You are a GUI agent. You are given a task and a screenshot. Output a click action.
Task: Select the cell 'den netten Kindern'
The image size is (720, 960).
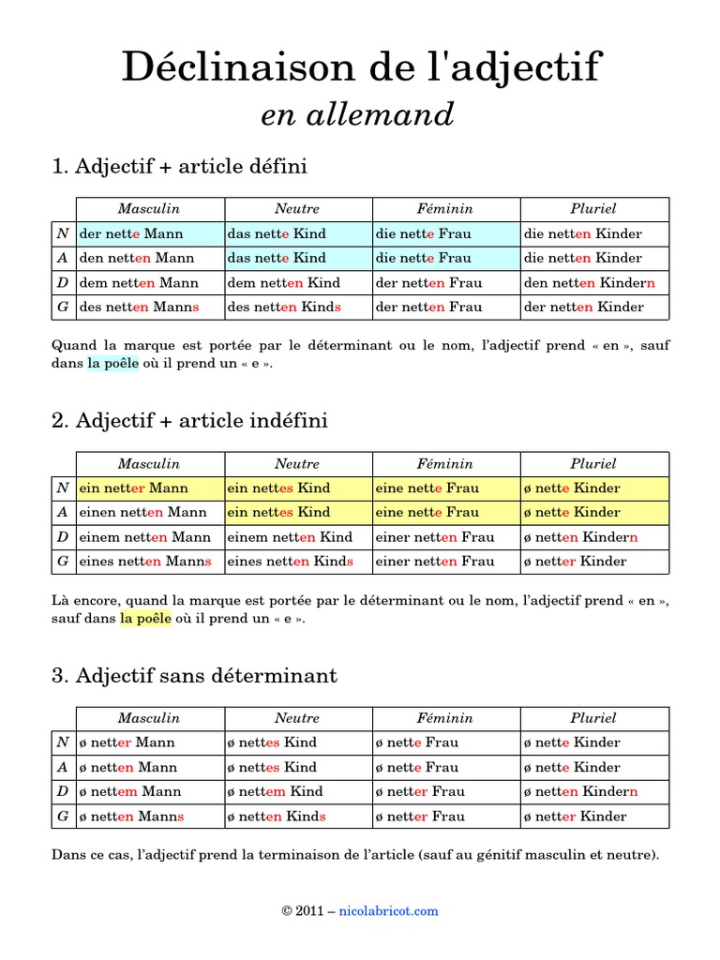(x=594, y=282)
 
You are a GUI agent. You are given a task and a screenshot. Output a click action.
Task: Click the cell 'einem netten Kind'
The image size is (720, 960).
(x=297, y=536)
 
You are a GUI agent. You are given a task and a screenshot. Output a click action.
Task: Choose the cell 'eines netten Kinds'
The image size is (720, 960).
(x=297, y=561)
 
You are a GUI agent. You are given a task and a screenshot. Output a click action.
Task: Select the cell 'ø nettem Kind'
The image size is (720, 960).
(x=297, y=791)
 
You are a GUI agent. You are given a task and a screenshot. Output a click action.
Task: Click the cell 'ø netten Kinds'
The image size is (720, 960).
(x=297, y=816)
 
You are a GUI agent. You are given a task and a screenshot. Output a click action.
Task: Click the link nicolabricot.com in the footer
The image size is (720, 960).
(x=388, y=910)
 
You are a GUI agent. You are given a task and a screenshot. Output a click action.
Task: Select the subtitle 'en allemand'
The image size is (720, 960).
(x=356, y=115)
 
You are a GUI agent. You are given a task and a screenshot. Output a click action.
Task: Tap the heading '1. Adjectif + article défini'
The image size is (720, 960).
(x=179, y=167)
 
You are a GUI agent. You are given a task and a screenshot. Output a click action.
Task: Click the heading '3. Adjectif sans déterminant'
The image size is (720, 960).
(x=194, y=675)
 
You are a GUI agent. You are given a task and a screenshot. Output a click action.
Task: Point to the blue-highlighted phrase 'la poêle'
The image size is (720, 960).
(x=113, y=364)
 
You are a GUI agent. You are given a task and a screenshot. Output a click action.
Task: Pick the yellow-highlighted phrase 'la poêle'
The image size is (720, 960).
(x=145, y=619)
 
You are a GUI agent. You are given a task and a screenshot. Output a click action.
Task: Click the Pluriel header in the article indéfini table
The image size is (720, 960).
(x=593, y=464)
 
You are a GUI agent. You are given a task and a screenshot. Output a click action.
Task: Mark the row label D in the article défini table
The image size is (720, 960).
(x=63, y=282)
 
